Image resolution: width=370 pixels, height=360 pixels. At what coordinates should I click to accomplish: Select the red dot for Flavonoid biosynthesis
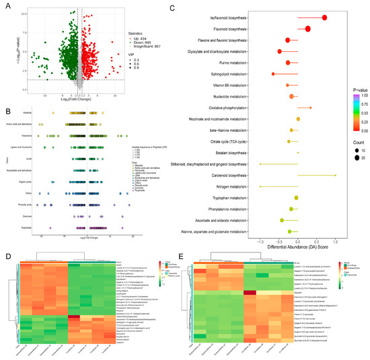307,29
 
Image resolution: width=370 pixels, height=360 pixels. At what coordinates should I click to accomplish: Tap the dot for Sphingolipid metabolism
273,74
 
